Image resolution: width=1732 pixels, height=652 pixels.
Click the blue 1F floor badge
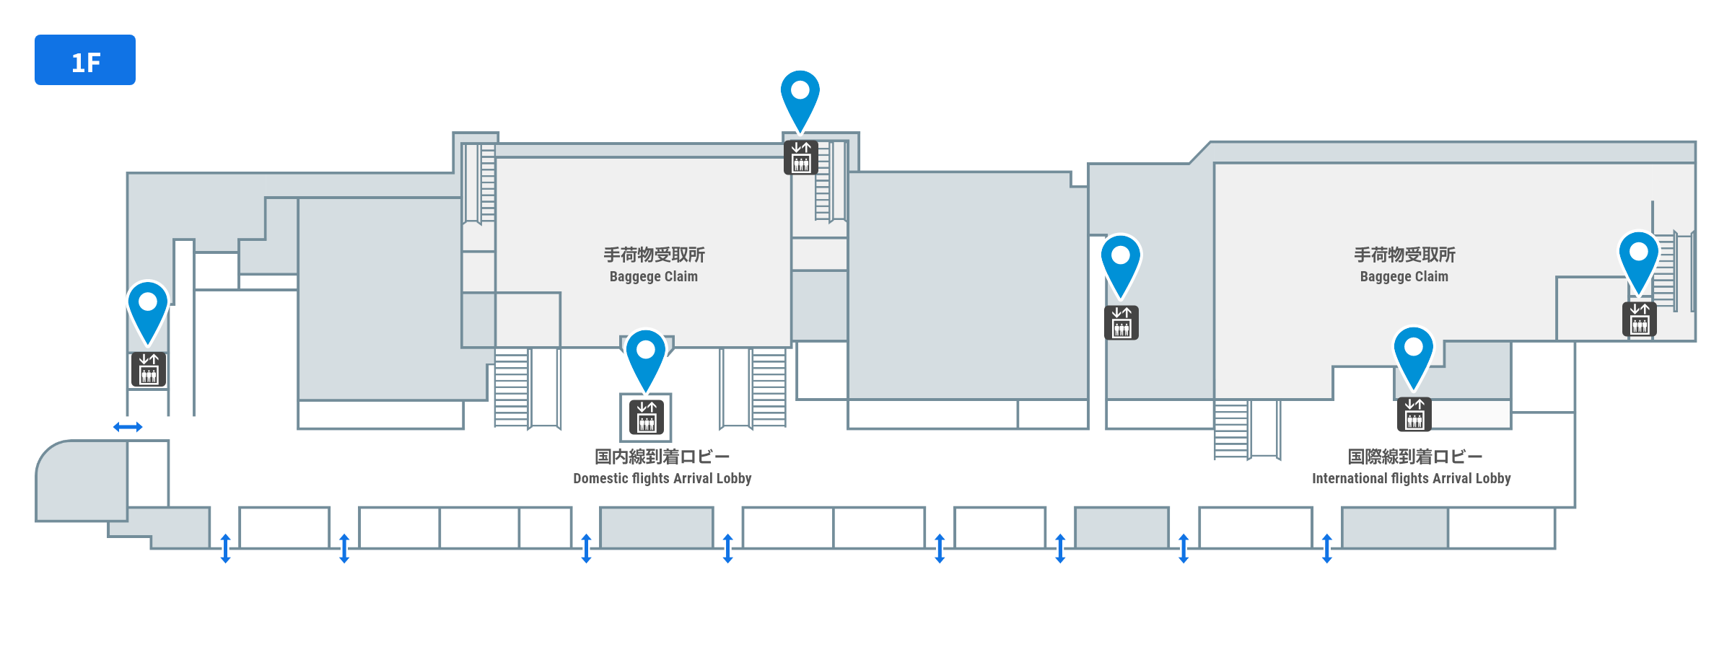[x=85, y=60]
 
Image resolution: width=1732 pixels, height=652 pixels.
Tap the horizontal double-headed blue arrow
[x=128, y=427]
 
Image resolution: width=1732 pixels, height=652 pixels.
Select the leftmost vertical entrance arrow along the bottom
[x=225, y=548]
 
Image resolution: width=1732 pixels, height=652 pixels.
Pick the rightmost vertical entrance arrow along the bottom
[x=1326, y=548]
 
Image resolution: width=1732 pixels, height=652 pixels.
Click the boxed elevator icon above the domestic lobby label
[x=646, y=417]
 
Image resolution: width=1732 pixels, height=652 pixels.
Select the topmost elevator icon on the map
[x=800, y=157]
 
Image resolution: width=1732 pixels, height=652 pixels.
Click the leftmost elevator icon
[x=148, y=369]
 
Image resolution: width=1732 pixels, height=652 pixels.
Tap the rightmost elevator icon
[x=1639, y=319]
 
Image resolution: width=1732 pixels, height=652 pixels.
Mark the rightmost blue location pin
[x=1638, y=257]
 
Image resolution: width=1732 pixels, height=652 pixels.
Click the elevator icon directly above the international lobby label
[x=1414, y=414]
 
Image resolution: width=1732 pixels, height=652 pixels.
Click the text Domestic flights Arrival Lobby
[x=662, y=478]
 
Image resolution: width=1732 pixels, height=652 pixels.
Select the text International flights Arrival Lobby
[x=1411, y=478]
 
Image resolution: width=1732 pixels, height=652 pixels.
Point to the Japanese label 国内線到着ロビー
[x=662, y=457]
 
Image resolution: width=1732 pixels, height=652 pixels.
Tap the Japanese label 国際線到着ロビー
[x=1414, y=457]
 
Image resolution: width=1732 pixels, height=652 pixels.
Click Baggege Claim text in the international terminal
[x=1404, y=276]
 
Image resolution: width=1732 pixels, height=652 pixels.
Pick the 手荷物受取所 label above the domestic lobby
[x=654, y=255]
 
